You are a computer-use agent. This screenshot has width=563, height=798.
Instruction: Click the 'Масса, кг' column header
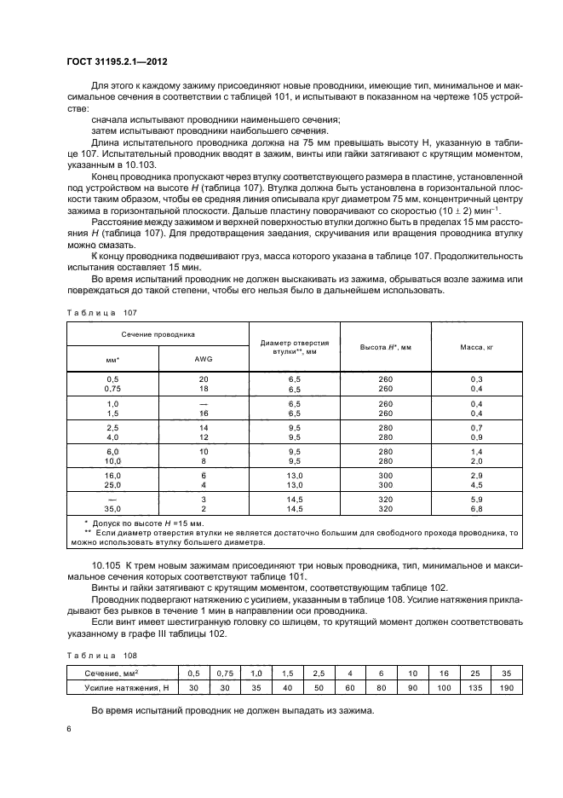(x=476, y=347)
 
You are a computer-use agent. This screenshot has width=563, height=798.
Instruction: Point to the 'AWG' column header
(x=204, y=359)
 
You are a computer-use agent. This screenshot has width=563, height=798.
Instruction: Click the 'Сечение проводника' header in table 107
(x=158, y=334)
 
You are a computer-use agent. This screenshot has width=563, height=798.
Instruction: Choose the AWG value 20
(x=204, y=378)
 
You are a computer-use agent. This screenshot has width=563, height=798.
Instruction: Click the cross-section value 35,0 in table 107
(x=112, y=509)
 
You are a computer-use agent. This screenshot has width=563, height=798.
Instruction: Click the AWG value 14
(x=204, y=426)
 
